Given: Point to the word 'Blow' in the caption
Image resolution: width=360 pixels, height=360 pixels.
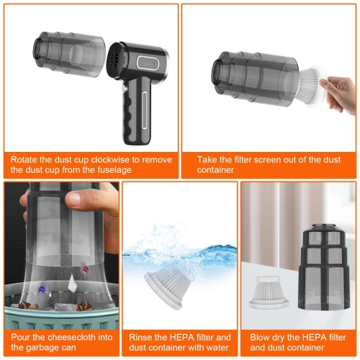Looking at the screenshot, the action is point(260,338).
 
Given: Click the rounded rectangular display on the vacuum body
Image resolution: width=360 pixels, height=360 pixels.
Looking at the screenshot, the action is point(148,63).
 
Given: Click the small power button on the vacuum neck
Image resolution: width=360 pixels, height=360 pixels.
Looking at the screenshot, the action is point(124,89).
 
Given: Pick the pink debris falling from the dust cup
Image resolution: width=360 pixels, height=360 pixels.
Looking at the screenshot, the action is point(84,268).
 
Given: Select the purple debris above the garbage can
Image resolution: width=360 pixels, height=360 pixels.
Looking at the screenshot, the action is point(42,289).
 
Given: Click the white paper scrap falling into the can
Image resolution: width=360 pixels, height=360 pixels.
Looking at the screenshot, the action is point(72,282).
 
